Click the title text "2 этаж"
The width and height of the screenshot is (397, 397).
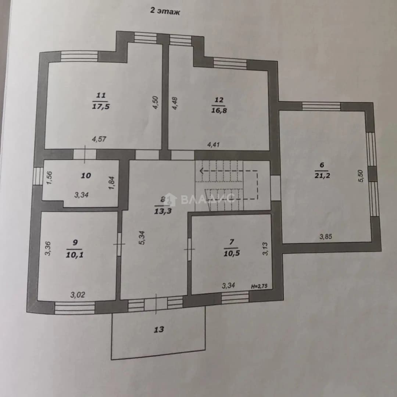click(165, 11)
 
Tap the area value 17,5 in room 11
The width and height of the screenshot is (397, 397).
click(101, 106)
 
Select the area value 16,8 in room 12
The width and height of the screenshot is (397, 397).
click(219, 110)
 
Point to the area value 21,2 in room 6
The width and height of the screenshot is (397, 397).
click(322, 175)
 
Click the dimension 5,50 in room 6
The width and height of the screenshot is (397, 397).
click(361, 176)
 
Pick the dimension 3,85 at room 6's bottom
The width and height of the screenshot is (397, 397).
click(326, 237)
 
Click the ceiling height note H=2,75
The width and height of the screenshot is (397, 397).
click(259, 286)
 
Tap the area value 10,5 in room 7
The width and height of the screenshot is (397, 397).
click(232, 253)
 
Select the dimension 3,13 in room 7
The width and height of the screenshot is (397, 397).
click(265, 249)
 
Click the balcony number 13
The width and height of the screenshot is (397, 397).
click(159, 329)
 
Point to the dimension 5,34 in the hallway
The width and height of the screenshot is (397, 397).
click(142, 237)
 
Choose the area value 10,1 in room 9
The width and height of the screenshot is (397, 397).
click(75, 255)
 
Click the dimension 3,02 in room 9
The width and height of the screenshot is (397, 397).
click(78, 295)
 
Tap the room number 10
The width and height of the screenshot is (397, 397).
click(86, 175)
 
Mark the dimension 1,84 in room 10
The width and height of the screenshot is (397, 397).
click(112, 183)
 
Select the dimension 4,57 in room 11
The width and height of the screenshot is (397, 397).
click(99, 139)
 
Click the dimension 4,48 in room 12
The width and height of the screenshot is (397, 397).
click(175, 103)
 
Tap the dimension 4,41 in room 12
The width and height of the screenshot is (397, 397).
click(214, 144)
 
